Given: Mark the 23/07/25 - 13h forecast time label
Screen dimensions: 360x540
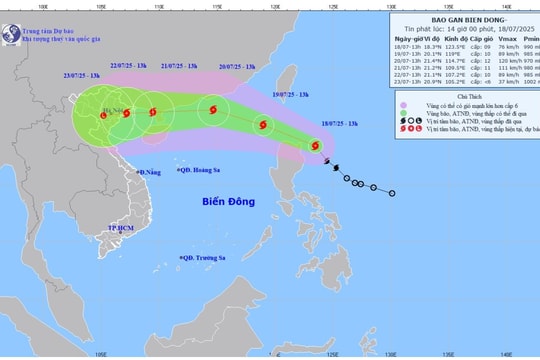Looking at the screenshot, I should pyautogui.click(x=80, y=75).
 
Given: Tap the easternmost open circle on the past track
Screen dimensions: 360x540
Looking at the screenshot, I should pyautogui.click(x=391, y=193).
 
